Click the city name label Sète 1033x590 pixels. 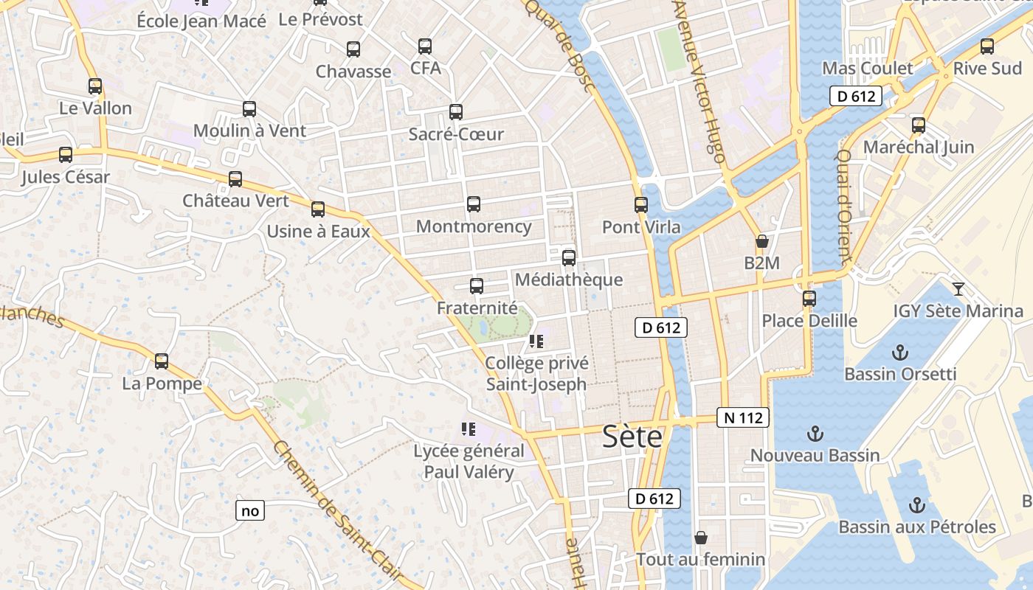[x=632, y=437]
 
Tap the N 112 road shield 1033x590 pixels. [x=743, y=418]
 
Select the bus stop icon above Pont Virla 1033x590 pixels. [x=641, y=205]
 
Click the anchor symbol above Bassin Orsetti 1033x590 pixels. [x=899, y=353]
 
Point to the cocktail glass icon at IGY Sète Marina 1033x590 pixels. [x=958, y=289]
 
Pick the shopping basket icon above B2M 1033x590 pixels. [x=761, y=241]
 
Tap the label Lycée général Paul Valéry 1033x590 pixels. [x=469, y=462]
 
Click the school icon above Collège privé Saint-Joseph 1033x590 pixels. [x=536, y=341]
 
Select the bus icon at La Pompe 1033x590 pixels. [x=162, y=361]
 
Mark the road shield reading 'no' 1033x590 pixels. [x=250, y=510]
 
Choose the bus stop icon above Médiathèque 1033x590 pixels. [x=569, y=258]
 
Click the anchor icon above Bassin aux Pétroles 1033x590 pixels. [x=916, y=505]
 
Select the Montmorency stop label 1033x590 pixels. [x=474, y=226]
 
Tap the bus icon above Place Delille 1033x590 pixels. [x=809, y=299]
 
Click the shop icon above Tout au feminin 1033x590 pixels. [x=700, y=538]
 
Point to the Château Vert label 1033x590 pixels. [x=235, y=201]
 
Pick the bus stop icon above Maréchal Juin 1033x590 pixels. [x=919, y=125]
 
